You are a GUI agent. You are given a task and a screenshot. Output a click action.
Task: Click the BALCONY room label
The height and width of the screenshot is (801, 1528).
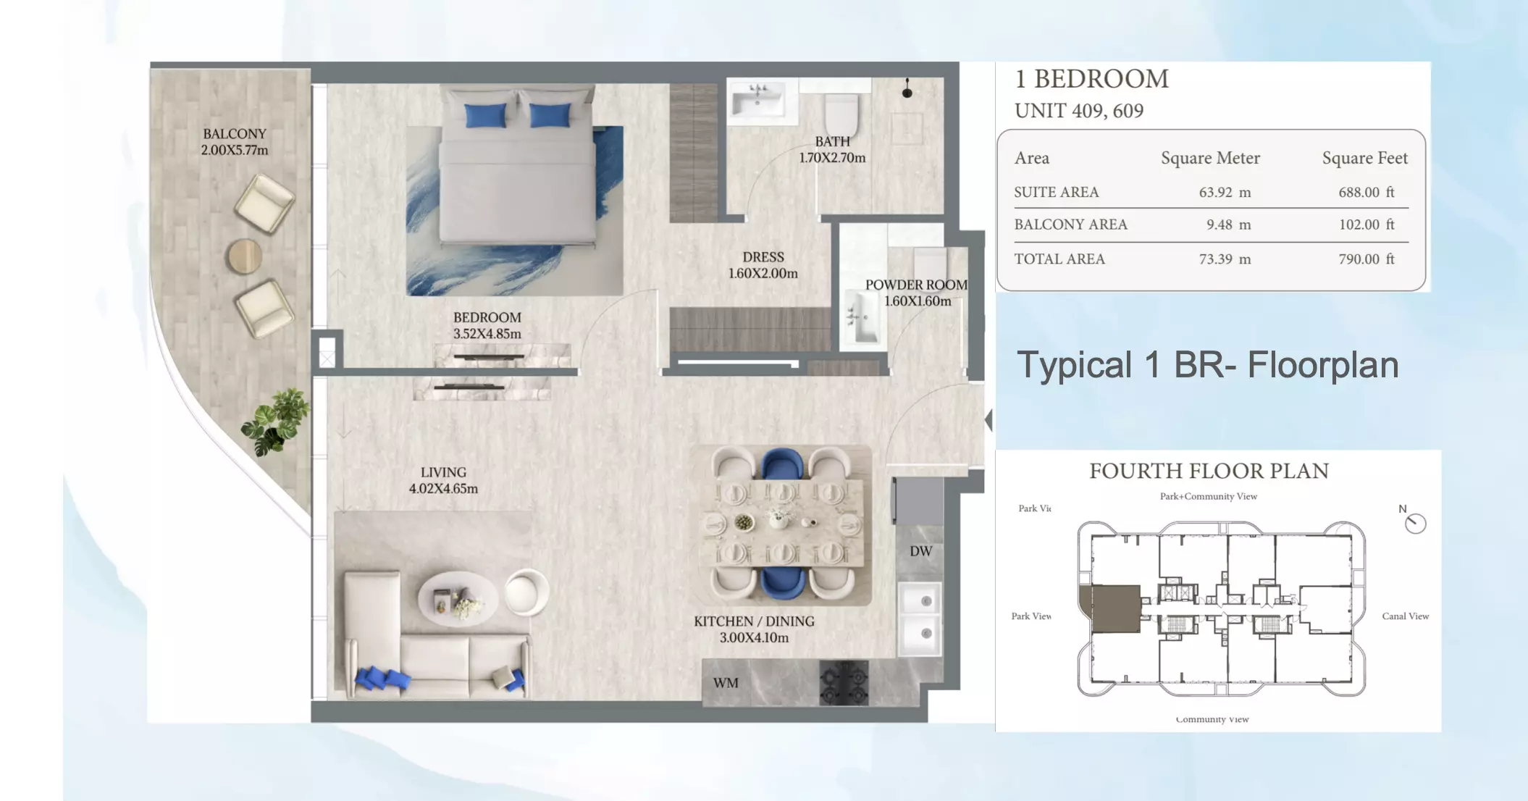tap(234, 134)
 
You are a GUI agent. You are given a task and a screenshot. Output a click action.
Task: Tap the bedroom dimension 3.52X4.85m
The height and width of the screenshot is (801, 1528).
tap(487, 334)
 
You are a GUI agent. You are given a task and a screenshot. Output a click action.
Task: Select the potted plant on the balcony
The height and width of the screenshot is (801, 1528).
tap(275, 422)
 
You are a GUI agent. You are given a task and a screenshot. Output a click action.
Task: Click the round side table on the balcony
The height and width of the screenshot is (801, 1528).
tap(245, 256)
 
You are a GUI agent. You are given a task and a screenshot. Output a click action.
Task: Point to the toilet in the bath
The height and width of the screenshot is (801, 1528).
tap(841, 114)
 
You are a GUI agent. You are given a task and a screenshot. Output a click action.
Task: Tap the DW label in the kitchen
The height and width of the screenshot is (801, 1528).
tap(920, 551)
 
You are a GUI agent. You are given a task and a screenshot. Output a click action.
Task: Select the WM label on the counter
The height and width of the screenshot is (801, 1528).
tap(726, 683)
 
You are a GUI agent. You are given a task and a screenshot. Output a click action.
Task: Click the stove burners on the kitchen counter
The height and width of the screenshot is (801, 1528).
tap(844, 683)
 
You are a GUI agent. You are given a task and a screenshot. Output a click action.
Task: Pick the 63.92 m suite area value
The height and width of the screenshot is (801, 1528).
tap(1224, 193)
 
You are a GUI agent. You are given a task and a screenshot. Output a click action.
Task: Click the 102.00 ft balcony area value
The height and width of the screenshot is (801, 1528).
tap(1366, 225)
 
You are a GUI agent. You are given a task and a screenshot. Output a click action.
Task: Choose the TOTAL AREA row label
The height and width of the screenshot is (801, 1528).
tap(1059, 259)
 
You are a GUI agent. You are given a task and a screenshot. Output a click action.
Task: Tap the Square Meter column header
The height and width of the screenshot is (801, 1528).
tap(1210, 158)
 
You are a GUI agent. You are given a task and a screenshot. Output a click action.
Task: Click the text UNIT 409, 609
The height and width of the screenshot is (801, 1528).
tap(1079, 111)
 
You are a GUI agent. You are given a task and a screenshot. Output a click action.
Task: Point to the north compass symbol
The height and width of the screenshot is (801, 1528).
tap(1414, 523)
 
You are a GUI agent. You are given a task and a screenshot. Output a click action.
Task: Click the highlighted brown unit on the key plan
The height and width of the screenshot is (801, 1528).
tap(1115, 609)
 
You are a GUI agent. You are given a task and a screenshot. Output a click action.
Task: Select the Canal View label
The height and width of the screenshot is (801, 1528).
tap(1405, 616)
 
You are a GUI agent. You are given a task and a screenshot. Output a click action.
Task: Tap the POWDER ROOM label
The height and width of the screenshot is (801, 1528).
tap(916, 285)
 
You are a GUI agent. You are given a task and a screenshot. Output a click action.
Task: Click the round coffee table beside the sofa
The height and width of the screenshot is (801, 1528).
tap(458, 598)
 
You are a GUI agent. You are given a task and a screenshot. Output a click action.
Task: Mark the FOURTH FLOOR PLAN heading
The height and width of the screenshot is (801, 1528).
tap(1209, 471)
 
